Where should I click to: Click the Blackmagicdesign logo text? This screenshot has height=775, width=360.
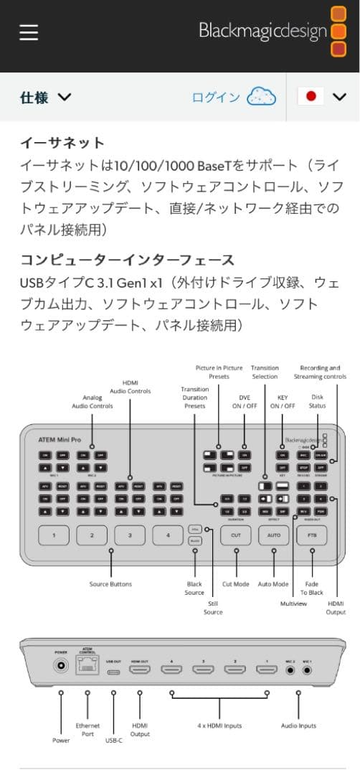coord(262,31)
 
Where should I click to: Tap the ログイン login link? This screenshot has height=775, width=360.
coord(216,98)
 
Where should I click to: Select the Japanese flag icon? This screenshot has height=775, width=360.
coord(311,98)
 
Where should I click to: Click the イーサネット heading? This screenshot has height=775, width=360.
coord(62,143)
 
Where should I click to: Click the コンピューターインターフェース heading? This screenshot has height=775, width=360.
coord(127,260)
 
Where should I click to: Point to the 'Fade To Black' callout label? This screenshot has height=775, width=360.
coord(313,588)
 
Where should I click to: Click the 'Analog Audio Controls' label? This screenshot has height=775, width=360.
coord(93,402)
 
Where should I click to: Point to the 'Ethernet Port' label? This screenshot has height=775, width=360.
coord(88,729)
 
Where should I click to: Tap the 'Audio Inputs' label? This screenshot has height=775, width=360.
coord(298,725)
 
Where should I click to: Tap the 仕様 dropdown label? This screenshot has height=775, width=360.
coord(34,98)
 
